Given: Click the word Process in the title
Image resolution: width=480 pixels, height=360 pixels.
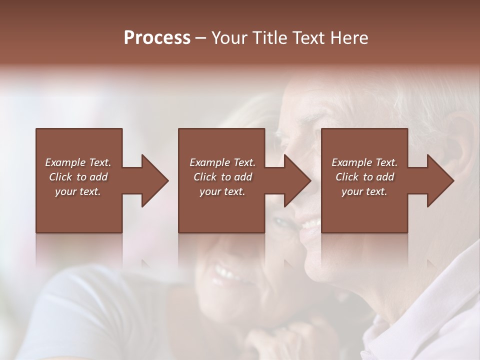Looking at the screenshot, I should (x=157, y=38).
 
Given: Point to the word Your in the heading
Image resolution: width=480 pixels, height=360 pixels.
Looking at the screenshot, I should (x=229, y=38).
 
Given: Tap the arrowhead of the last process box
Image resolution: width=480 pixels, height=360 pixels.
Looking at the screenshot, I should (x=439, y=180).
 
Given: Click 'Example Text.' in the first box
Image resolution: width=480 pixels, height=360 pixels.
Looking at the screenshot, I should (x=78, y=162).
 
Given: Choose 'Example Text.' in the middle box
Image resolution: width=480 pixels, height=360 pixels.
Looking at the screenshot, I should (x=222, y=162).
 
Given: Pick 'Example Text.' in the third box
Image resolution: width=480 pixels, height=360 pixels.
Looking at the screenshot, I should (x=364, y=162).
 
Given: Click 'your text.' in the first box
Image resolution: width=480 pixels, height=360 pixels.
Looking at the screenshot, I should (x=78, y=191).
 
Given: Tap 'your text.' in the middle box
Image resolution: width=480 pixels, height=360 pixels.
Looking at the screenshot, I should (x=222, y=191).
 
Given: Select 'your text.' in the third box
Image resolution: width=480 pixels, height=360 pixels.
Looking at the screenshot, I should (x=364, y=191).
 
